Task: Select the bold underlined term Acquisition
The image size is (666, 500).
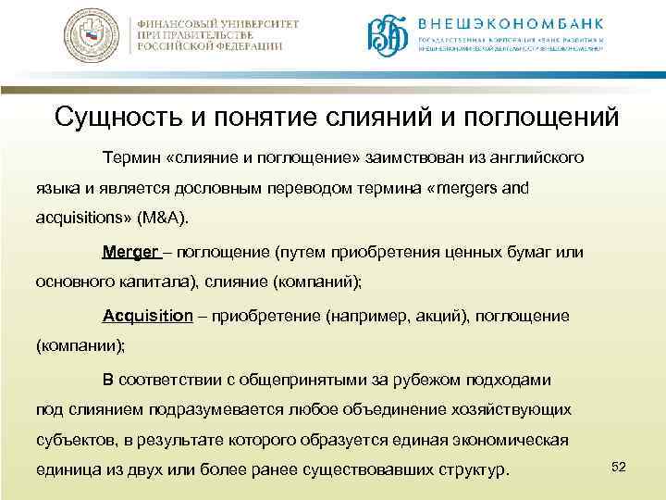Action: click(148, 316)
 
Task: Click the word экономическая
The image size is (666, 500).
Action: click(511, 440)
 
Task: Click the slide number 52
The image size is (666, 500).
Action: click(619, 466)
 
